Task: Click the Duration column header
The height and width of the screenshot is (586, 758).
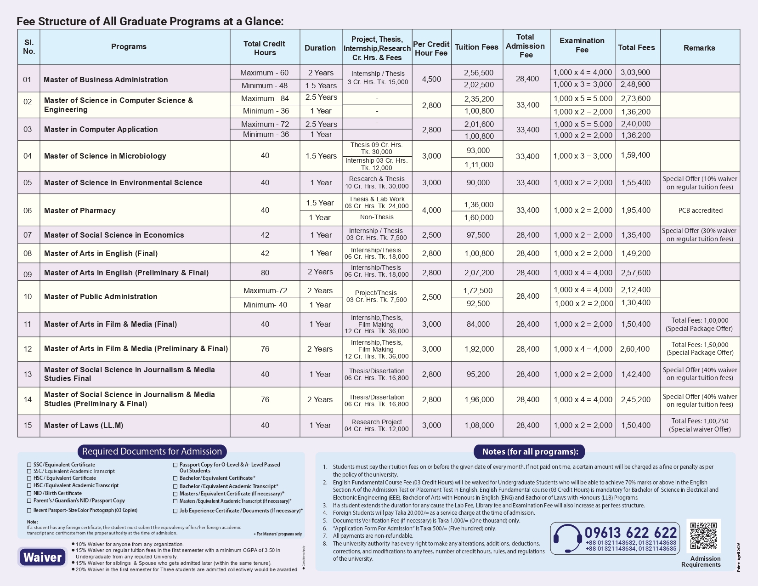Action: click(x=320, y=48)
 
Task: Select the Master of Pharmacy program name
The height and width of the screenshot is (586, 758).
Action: click(x=80, y=211)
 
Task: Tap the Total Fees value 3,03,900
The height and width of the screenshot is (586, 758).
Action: click(x=635, y=72)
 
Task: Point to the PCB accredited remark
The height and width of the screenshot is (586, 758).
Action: click(x=700, y=211)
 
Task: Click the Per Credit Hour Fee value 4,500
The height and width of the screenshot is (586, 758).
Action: click(x=431, y=79)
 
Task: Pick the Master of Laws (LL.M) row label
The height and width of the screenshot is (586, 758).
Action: click(x=84, y=425)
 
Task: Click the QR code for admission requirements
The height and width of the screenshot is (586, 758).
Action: click(x=703, y=535)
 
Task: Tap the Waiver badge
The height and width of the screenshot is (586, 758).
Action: click(x=42, y=557)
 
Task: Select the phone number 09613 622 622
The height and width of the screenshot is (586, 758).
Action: click(x=631, y=533)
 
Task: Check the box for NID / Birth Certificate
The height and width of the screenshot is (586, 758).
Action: click(x=29, y=494)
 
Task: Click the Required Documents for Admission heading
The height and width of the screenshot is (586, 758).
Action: click(x=152, y=451)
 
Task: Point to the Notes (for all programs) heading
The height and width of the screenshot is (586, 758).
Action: click(x=530, y=451)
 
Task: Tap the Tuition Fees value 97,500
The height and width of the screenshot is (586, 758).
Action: click(x=478, y=235)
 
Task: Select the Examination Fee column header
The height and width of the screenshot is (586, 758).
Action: click(x=582, y=45)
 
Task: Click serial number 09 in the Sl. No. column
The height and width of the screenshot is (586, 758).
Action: click(x=28, y=274)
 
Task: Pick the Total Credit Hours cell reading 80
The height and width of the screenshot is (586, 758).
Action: click(x=265, y=272)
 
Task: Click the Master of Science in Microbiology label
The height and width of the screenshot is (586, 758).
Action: click(x=105, y=156)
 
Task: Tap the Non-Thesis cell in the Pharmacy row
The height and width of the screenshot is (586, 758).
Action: click(x=377, y=217)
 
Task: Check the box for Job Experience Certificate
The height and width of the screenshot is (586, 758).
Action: click(x=175, y=511)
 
